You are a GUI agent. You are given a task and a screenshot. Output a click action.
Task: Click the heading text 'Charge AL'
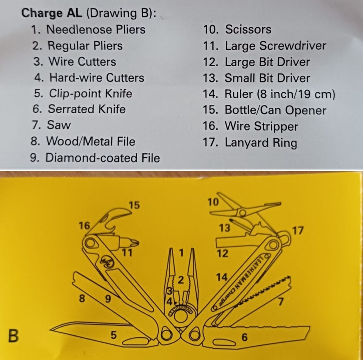(52, 13)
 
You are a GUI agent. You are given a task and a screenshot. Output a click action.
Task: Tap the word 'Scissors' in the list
(248, 30)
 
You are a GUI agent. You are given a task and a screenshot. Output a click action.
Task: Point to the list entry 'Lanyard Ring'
(261, 143)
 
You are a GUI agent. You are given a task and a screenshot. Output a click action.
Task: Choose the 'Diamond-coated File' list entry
(102, 158)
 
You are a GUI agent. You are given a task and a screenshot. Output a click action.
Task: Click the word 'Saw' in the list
(59, 125)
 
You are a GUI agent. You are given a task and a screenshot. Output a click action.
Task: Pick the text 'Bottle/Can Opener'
(276, 110)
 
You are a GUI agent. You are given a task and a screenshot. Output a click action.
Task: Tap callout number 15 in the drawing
(134, 205)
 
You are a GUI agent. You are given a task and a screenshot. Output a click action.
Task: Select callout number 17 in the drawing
(298, 231)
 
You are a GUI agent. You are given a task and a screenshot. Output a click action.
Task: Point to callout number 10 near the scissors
(213, 202)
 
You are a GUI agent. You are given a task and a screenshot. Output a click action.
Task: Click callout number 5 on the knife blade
(114, 335)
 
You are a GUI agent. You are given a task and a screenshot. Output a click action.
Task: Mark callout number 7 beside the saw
(281, 301)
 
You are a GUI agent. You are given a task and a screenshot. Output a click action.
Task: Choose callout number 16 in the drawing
(84, 226)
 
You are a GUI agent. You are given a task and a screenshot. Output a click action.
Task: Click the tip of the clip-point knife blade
(50, 328)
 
